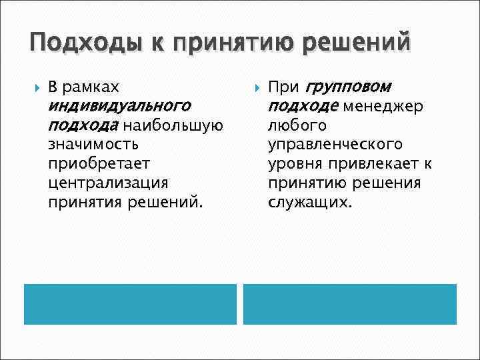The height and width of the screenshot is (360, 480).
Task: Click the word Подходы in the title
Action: click(75, 44)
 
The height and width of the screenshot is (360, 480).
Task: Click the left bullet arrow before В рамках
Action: click(34, 87)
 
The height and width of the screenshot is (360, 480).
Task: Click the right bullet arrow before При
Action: click(254, 87)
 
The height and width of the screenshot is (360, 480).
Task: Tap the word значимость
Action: click(93, 144)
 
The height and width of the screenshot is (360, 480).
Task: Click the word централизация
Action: click(109, 182)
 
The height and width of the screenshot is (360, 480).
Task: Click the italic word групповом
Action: click(349, 87)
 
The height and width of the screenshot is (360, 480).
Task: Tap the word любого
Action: click(297, 125)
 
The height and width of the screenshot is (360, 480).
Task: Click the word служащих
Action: click(309, 201)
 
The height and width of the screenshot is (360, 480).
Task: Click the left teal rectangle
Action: click(130, 304)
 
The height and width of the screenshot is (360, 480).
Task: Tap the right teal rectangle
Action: click(349, 304)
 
